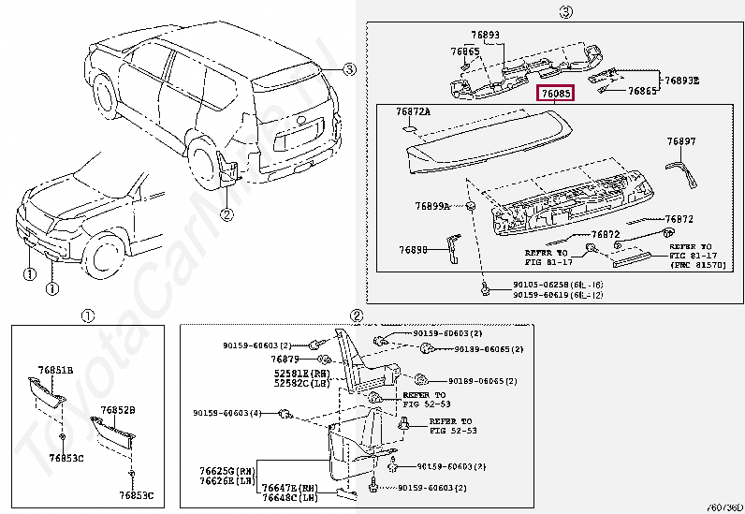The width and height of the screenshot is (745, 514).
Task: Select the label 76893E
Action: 682,81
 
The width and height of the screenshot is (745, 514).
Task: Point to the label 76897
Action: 680,141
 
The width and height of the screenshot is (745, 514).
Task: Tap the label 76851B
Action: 55,371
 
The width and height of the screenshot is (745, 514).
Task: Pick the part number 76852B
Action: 118,410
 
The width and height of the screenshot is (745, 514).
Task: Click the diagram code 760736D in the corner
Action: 723,507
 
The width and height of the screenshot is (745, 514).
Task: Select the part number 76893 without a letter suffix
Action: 483,35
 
